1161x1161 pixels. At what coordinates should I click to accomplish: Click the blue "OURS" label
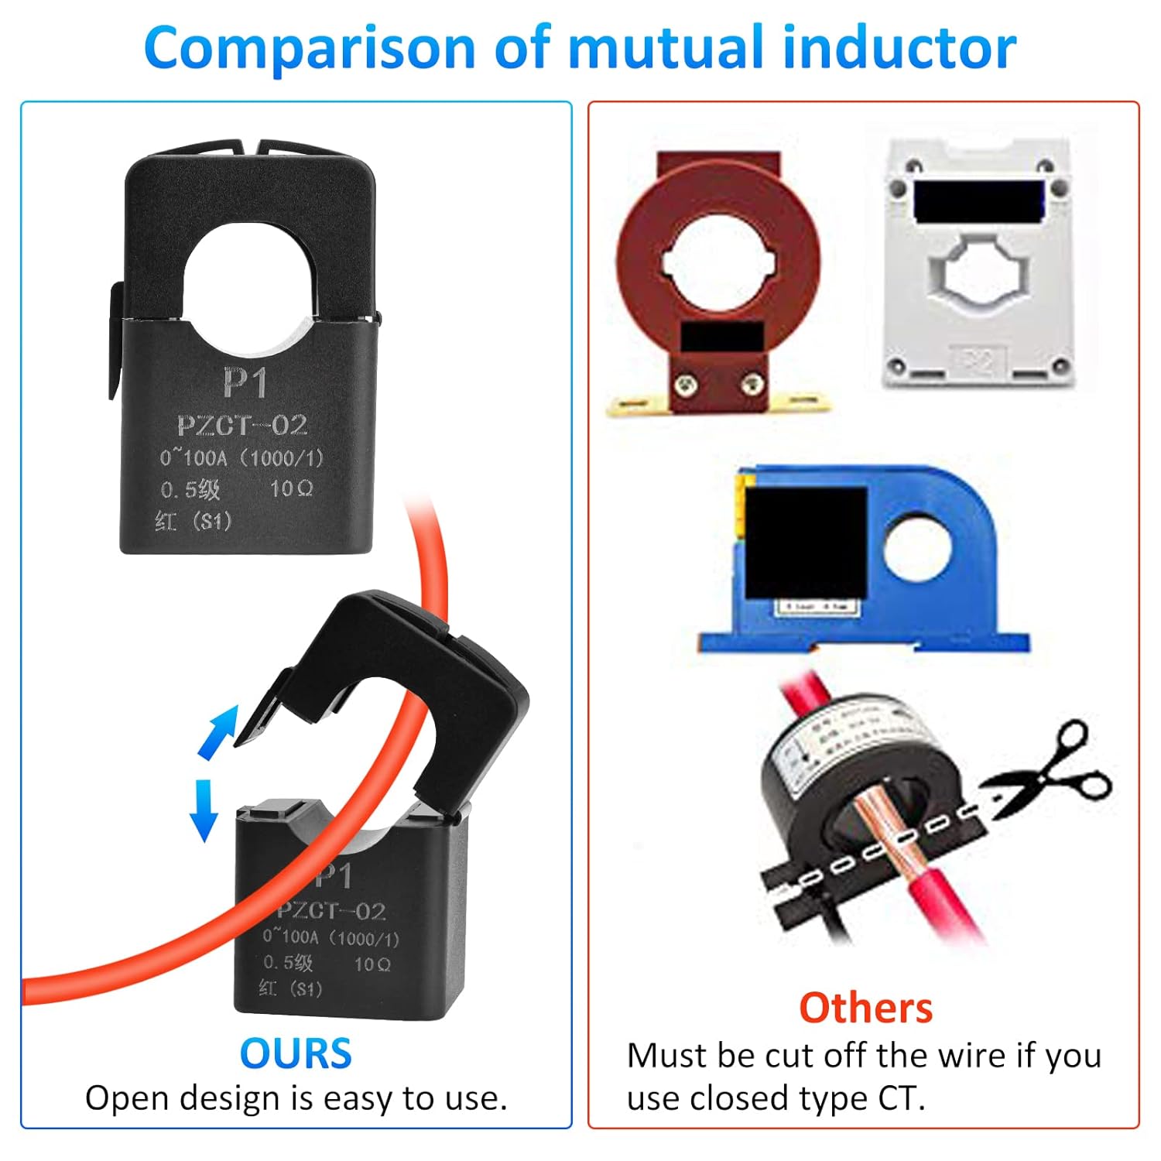(x=296, y=1053)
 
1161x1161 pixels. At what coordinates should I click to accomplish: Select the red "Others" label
(x=865, y=1008)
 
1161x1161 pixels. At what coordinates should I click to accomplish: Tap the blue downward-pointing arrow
(x=204, y=809)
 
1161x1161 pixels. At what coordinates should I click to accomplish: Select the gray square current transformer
(x=979, y=263)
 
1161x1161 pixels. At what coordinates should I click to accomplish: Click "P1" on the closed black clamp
(x=245, y=382)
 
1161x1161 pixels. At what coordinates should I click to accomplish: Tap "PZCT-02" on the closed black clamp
(x=242, y=425)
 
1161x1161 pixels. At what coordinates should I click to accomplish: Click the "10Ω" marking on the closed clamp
(x=291, y=488)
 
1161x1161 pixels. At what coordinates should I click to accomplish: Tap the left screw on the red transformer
(x=685, y=382)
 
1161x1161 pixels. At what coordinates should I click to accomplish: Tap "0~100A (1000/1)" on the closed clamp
(x=241, y=457)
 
